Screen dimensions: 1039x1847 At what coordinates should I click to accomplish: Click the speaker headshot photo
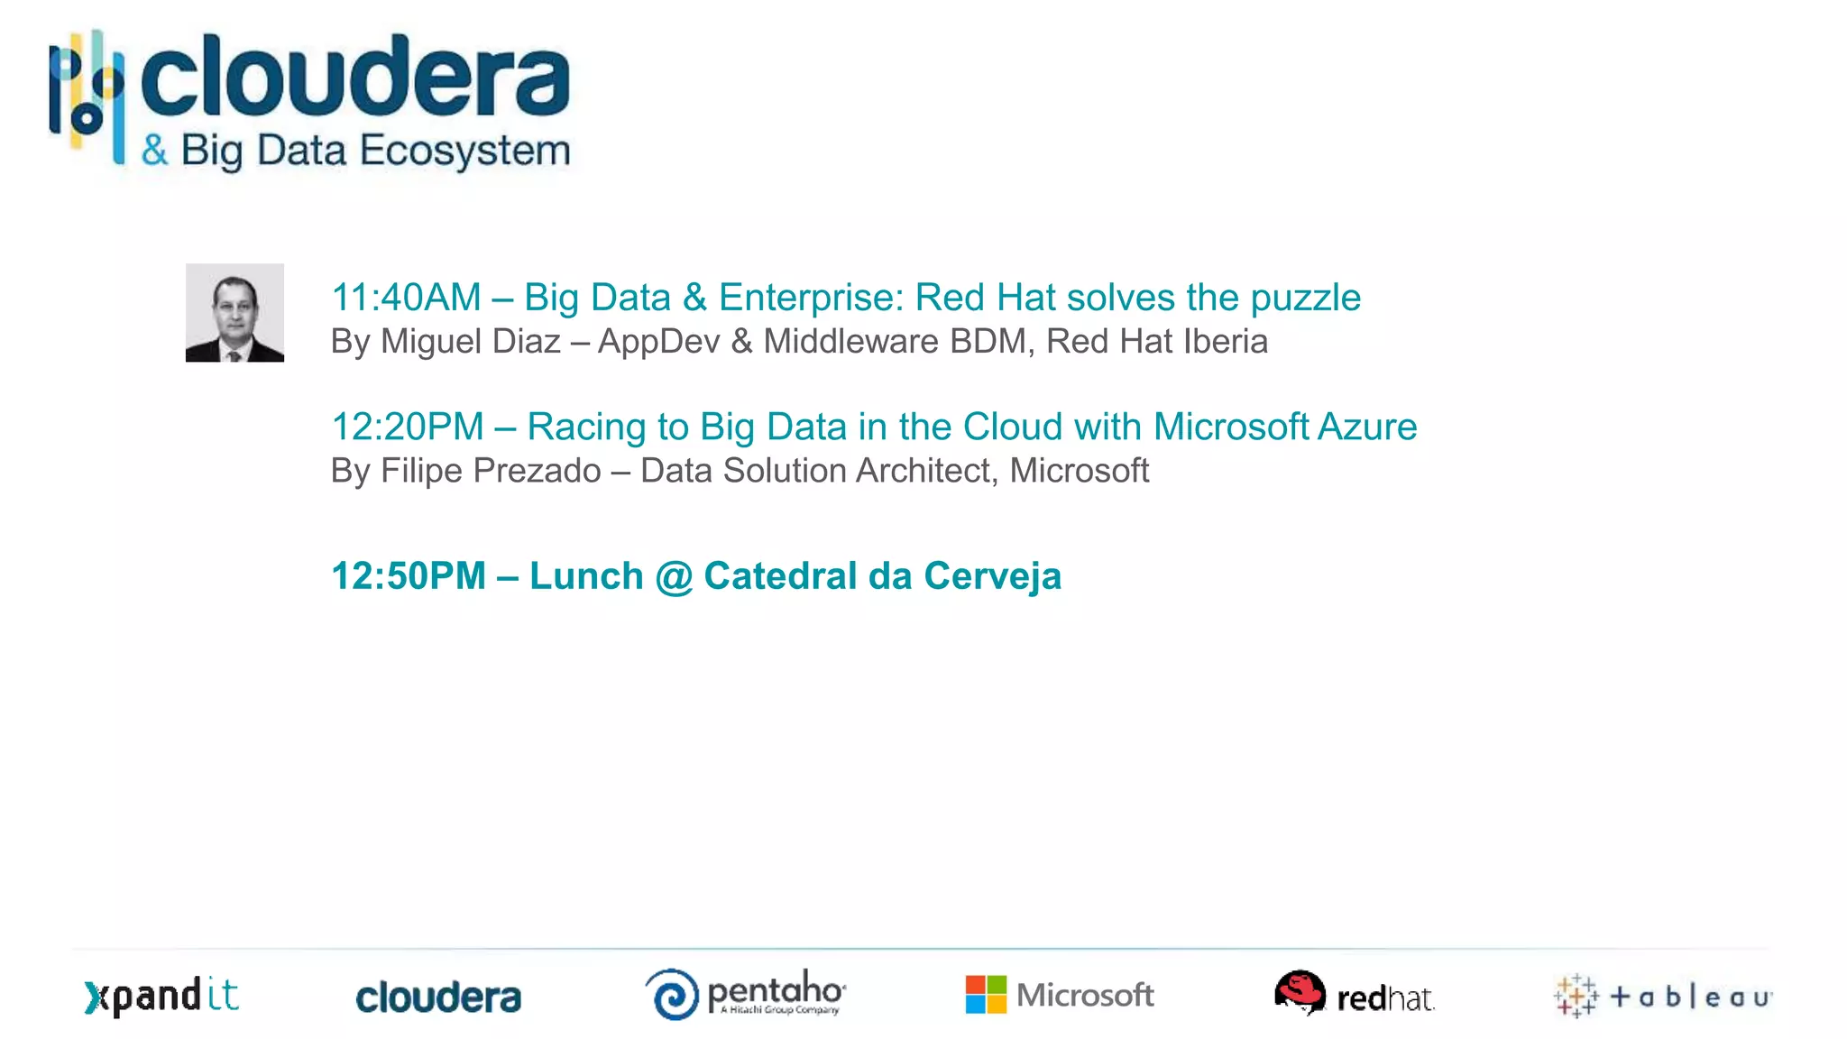point(234,313)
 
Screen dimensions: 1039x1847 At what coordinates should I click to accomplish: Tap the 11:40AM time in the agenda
point(406,298)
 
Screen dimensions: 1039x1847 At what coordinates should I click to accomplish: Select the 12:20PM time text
point(408,427)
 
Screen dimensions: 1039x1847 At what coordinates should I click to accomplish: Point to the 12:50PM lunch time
point(409,576)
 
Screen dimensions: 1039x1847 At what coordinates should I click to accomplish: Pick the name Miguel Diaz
point(470,342)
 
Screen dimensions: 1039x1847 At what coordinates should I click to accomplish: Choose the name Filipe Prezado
point(491,471)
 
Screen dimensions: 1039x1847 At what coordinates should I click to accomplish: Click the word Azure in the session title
point(1367,427)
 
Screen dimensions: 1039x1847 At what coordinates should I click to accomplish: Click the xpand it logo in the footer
point(161,997)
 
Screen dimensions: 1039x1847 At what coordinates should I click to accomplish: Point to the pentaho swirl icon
point(673,995)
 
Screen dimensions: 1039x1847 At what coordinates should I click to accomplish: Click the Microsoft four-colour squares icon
point(986,995)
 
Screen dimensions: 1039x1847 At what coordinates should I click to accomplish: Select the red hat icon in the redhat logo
point(1300,992)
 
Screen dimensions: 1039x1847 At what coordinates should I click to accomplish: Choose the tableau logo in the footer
point(1663,997)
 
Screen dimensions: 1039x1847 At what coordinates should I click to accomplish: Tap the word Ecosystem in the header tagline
point(465,151)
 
